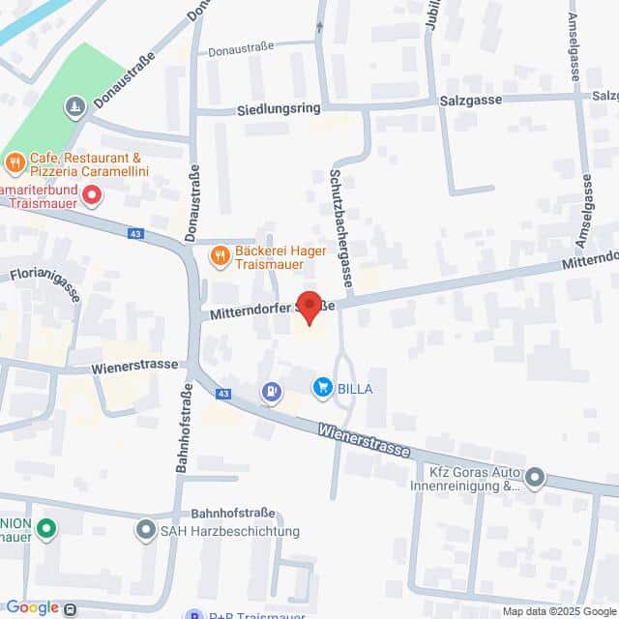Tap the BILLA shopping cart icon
point(322,388)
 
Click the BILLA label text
point(354,389)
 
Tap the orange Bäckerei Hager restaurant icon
point(220,255)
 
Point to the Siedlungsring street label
point(277,110)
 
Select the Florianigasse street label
point(44,280)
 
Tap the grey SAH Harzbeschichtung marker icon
point(146,530)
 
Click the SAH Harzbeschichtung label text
point(230,531)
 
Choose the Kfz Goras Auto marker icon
point(535,477)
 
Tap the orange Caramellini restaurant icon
point(15,162)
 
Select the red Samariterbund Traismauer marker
point(92,196)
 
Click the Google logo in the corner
point(31,607)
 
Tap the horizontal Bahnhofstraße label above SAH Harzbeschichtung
point(233,512)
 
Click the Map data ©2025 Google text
point(559,611)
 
